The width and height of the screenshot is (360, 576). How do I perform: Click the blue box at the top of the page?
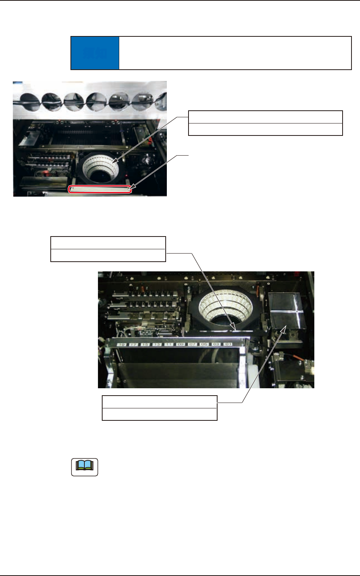[95, 53]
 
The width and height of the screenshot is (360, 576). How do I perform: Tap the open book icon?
[85, 467]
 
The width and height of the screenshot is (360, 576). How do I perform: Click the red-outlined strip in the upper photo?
[100, 189]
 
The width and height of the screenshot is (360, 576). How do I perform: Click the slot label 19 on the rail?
[122, 344]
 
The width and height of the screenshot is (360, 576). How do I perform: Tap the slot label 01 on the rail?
[228, 344]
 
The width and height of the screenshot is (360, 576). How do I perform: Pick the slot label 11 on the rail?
[169, 344]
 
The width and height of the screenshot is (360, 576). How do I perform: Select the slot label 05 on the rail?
[204, 344]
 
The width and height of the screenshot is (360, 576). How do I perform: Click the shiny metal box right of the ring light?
[285, 310]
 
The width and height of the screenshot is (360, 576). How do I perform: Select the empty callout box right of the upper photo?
[265, 123]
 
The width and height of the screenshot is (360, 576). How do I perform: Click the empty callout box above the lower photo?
[108, 249]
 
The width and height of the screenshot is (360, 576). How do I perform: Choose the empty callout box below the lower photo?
[159, 408]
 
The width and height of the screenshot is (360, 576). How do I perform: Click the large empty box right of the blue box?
[235, 53]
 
